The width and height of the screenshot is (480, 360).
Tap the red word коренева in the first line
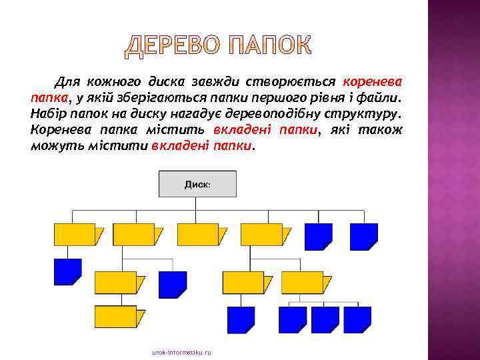click(373, 82)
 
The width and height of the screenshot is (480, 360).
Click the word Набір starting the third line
click(47, 114)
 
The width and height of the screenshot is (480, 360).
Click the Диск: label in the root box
click(197, 183)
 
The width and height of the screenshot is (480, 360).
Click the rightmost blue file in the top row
click(364, 236)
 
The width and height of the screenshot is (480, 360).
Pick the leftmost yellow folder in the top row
click(75, 235)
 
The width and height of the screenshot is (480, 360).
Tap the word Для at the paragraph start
click(68, 82)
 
